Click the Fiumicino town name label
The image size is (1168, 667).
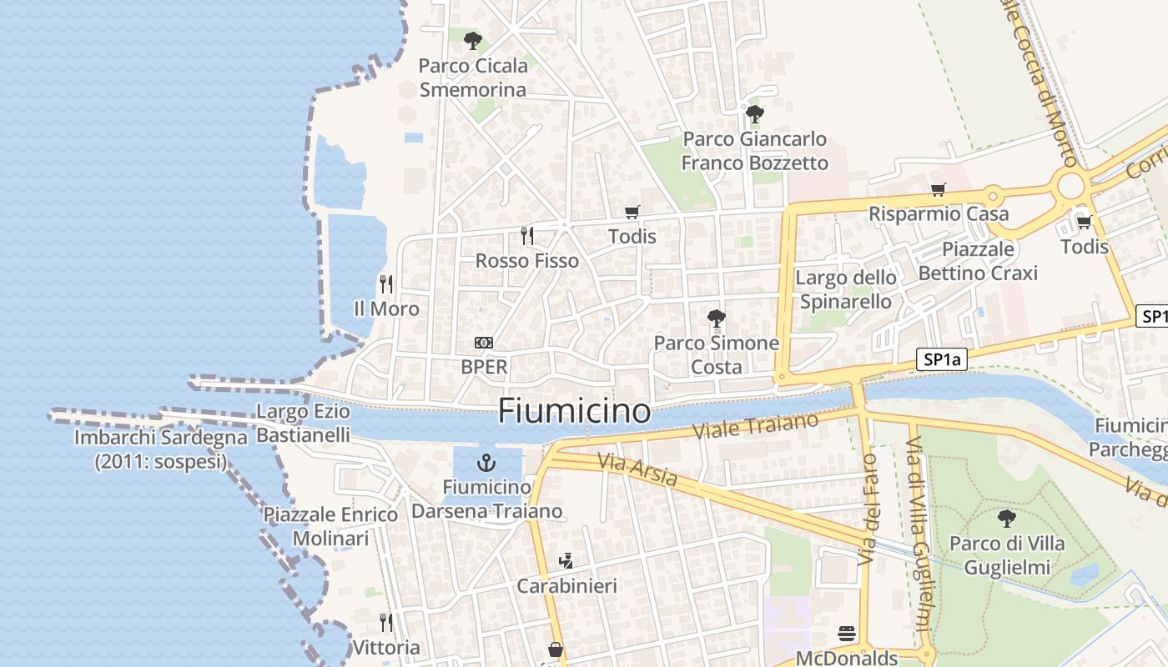pos(574,411)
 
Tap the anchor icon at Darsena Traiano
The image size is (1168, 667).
pos(486,462)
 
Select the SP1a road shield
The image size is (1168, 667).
pos(942,360)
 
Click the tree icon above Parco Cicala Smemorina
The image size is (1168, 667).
pos(473,40)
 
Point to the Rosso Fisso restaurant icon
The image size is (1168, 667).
pos(526,236)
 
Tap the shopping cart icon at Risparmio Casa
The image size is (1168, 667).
pos(939,189)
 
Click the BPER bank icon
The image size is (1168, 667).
pos(484,343)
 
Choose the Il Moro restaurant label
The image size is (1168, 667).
pos(386,308)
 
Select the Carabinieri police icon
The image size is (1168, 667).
pos(566,561)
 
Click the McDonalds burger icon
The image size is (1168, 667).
pos(847,634)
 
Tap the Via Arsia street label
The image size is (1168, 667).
pos(637,470)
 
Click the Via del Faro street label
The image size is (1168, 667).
pos(868,509)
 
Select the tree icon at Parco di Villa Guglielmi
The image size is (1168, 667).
pos(1007,519)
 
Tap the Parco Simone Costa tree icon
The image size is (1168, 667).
pos(716,318)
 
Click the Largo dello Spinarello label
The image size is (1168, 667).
pos(846,289)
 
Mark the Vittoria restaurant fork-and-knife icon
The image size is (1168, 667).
pos(386,623)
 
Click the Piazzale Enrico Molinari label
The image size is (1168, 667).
pos(330,526)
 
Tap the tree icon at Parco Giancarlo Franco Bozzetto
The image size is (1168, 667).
pos(755,114)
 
